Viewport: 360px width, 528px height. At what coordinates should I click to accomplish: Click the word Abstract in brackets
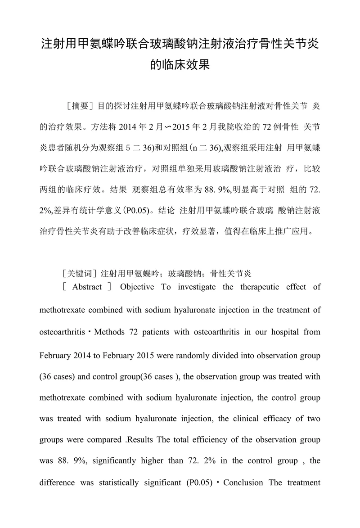coord(87,287)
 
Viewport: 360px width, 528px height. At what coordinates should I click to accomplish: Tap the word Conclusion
coord(243,483)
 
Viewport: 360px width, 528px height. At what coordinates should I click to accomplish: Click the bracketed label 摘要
coord(80,107)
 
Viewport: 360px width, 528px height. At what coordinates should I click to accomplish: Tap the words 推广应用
coord(287,232)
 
